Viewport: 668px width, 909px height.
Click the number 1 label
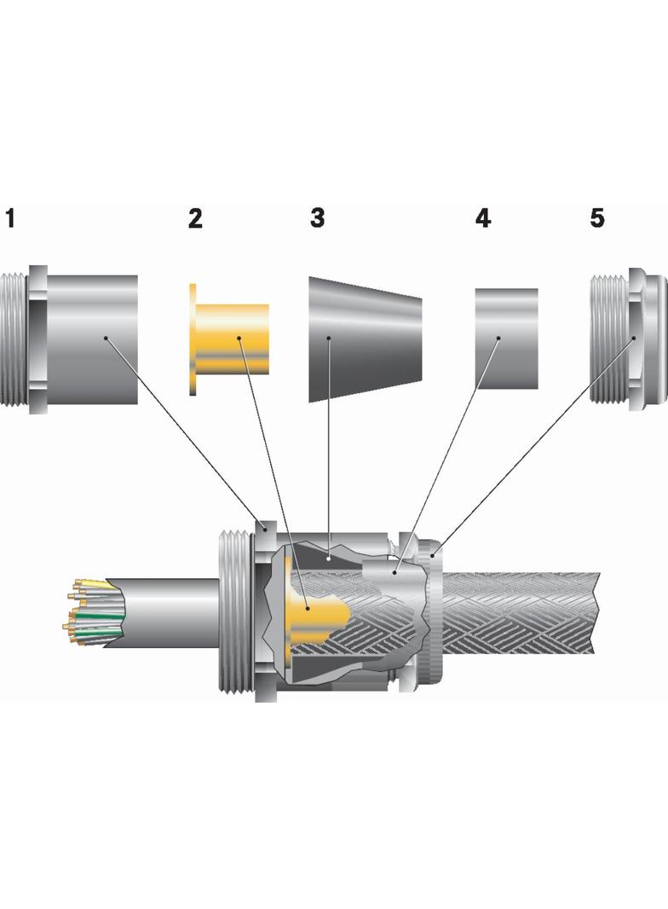(x=10, y=218)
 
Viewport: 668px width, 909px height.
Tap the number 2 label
(x=195, y=219)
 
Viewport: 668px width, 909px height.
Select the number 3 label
(x=317, y=218)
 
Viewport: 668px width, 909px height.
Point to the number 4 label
(x=483, y=218)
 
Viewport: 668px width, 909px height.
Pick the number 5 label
(x=597, y=218)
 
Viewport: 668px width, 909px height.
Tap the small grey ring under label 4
(x=506, y=339)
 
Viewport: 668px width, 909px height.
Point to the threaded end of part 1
(x=14, y=339)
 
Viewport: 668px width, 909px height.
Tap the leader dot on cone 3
(x=329, y=339)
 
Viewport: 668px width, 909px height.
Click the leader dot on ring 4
(x=498, y=339)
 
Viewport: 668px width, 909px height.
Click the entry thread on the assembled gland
(x=233, y=614)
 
